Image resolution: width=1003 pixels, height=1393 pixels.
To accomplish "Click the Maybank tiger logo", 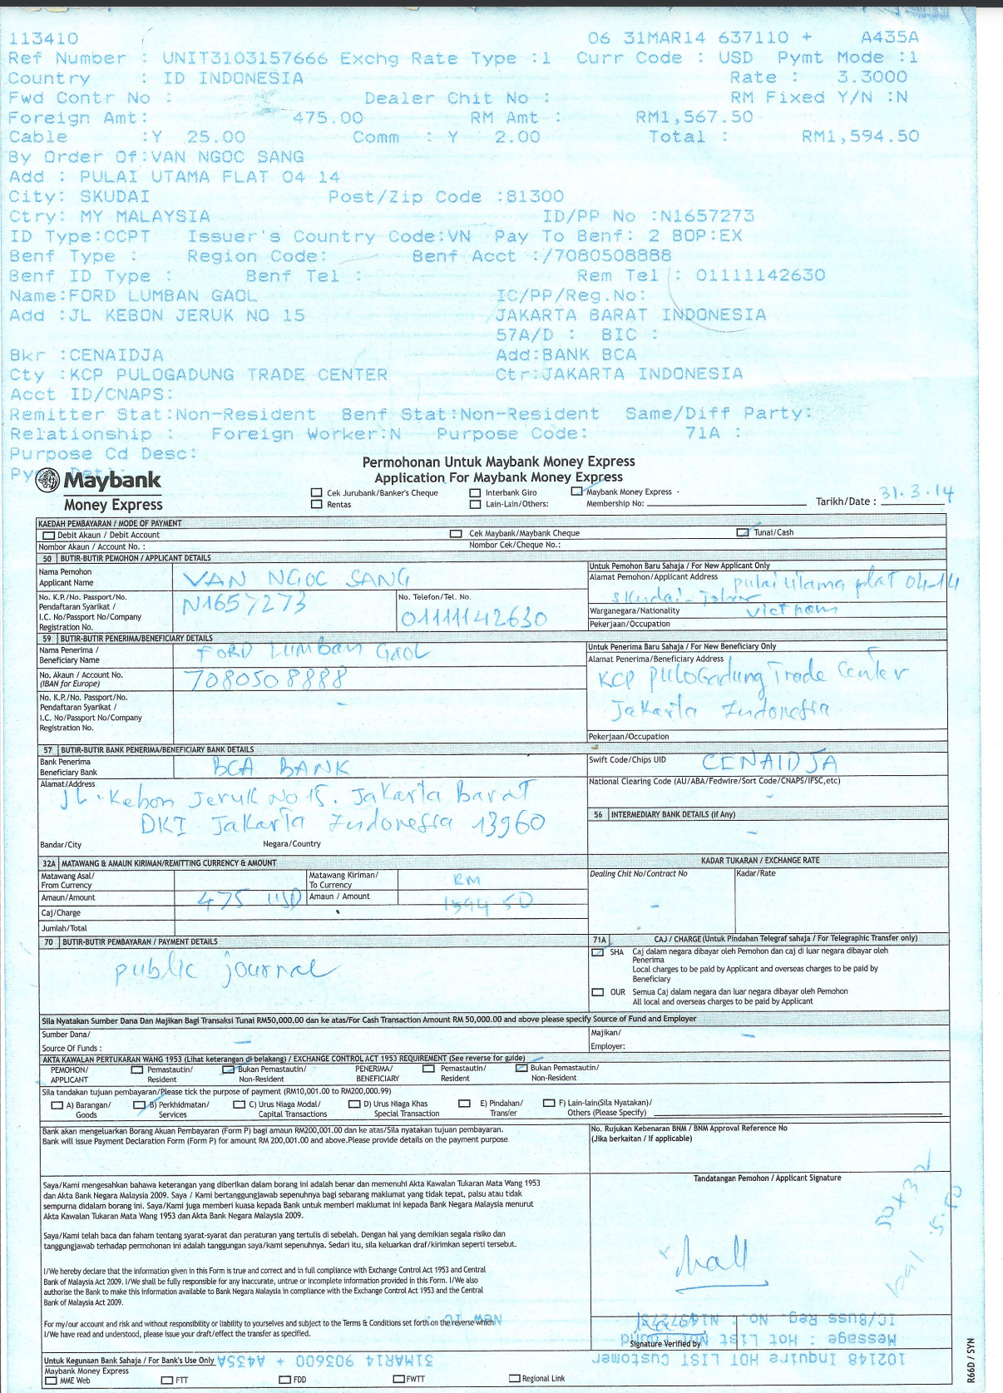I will (48, 481).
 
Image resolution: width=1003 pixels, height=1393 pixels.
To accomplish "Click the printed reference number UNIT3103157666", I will (245, 58).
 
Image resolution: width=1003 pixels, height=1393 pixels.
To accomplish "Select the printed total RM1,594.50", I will (860, 136).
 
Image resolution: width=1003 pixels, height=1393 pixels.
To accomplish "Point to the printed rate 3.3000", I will (872, 77).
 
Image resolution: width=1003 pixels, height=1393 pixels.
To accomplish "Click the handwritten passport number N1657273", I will (245, 602).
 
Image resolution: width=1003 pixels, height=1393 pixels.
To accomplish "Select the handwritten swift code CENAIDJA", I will (769, 762).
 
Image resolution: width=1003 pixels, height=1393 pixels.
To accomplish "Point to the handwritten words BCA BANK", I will (281, 766).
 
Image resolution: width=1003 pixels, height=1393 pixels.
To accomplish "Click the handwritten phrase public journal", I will (225, 970).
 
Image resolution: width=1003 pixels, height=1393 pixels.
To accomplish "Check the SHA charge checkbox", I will (598, 952).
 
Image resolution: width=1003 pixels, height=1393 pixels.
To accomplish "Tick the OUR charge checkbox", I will (598, 992).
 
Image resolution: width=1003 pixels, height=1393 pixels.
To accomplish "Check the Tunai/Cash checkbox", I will (743, 532).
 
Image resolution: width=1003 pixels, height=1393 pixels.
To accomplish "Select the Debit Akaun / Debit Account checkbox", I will (49, 536).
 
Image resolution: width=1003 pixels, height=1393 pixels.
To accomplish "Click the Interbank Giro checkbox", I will (475, 493).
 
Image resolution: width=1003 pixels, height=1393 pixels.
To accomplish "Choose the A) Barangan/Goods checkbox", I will (57, 1105).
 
